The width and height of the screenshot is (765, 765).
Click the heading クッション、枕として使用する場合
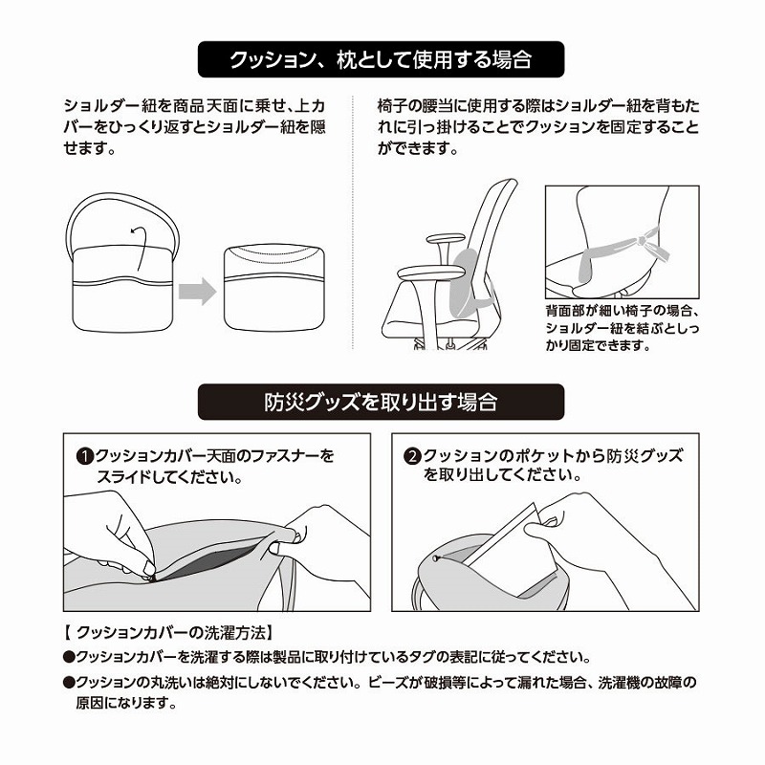[x=381, y=59]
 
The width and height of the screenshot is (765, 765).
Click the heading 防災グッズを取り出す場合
[x=381, y=402]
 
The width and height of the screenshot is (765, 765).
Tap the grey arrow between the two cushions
[x=197, y=292]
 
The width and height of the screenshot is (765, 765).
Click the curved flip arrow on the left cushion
[x=139, y=247]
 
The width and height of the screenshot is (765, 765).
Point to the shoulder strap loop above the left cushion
[x=122, y=196]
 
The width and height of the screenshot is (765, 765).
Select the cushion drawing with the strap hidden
[x=274, y=288]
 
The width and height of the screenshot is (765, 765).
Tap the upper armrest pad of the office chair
[x=446, y=238]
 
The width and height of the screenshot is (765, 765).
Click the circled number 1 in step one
[x=85, y=457]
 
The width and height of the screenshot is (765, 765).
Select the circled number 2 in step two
[x=412, y=457]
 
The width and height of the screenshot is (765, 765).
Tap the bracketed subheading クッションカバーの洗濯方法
[x=169, y=633]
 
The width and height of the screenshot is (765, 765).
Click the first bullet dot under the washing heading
[x=69, y=657]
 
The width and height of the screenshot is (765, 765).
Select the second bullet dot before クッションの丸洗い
[x=69, y=682]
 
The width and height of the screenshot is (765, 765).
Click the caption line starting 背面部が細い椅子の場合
[x=623, y=311]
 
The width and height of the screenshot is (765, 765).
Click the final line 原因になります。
[x=126, y=703]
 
